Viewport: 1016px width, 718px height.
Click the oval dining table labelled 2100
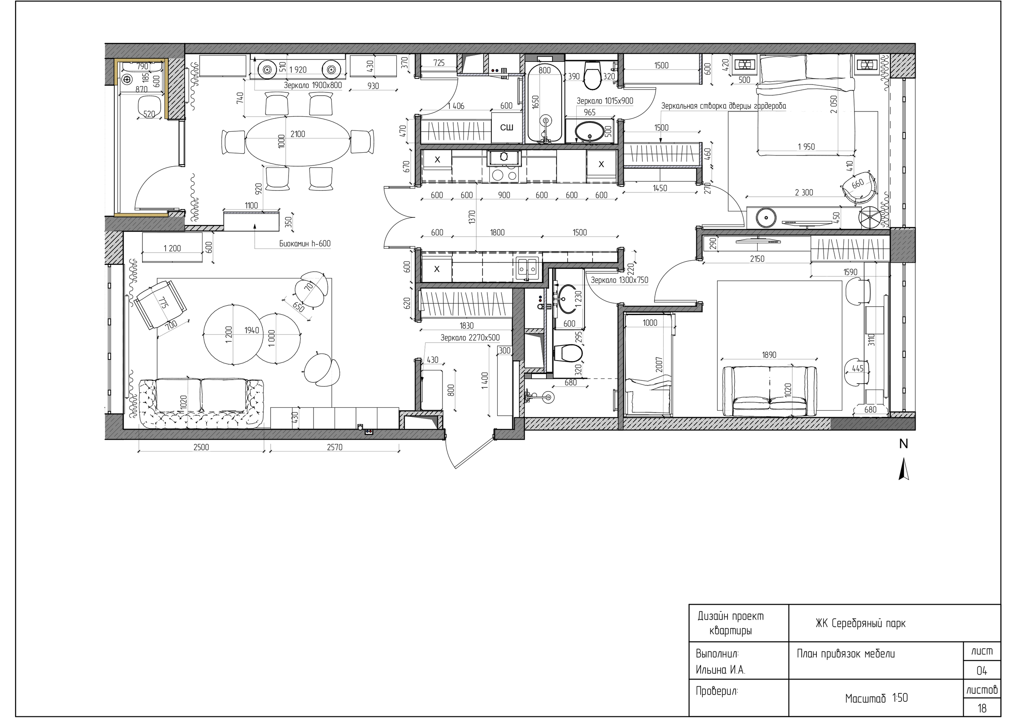(297, 142)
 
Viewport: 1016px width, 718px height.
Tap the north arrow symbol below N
(904, 469)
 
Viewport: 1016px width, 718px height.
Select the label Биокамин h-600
(305, 244)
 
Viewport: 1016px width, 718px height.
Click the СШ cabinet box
(507, 127)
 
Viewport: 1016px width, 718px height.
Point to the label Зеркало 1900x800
(313, 85)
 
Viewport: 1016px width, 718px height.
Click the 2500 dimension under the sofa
(201, 447)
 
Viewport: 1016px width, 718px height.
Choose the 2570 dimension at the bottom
(335, 447)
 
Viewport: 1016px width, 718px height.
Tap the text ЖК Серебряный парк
(861, 623)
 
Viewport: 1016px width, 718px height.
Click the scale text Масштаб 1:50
(876, 698)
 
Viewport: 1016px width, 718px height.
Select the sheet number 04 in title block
(981, 671)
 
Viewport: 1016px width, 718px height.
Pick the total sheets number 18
(981, 708)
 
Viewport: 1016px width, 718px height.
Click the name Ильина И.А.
(720, 670)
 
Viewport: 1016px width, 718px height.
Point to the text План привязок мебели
(846, 654)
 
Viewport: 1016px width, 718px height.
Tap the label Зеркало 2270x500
(470, 338)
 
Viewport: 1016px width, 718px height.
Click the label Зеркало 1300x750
(620, 280)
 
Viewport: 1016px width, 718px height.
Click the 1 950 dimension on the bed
(806, 146)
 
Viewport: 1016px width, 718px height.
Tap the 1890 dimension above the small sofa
(769, 354)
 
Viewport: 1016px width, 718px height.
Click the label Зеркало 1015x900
(604, 101)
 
